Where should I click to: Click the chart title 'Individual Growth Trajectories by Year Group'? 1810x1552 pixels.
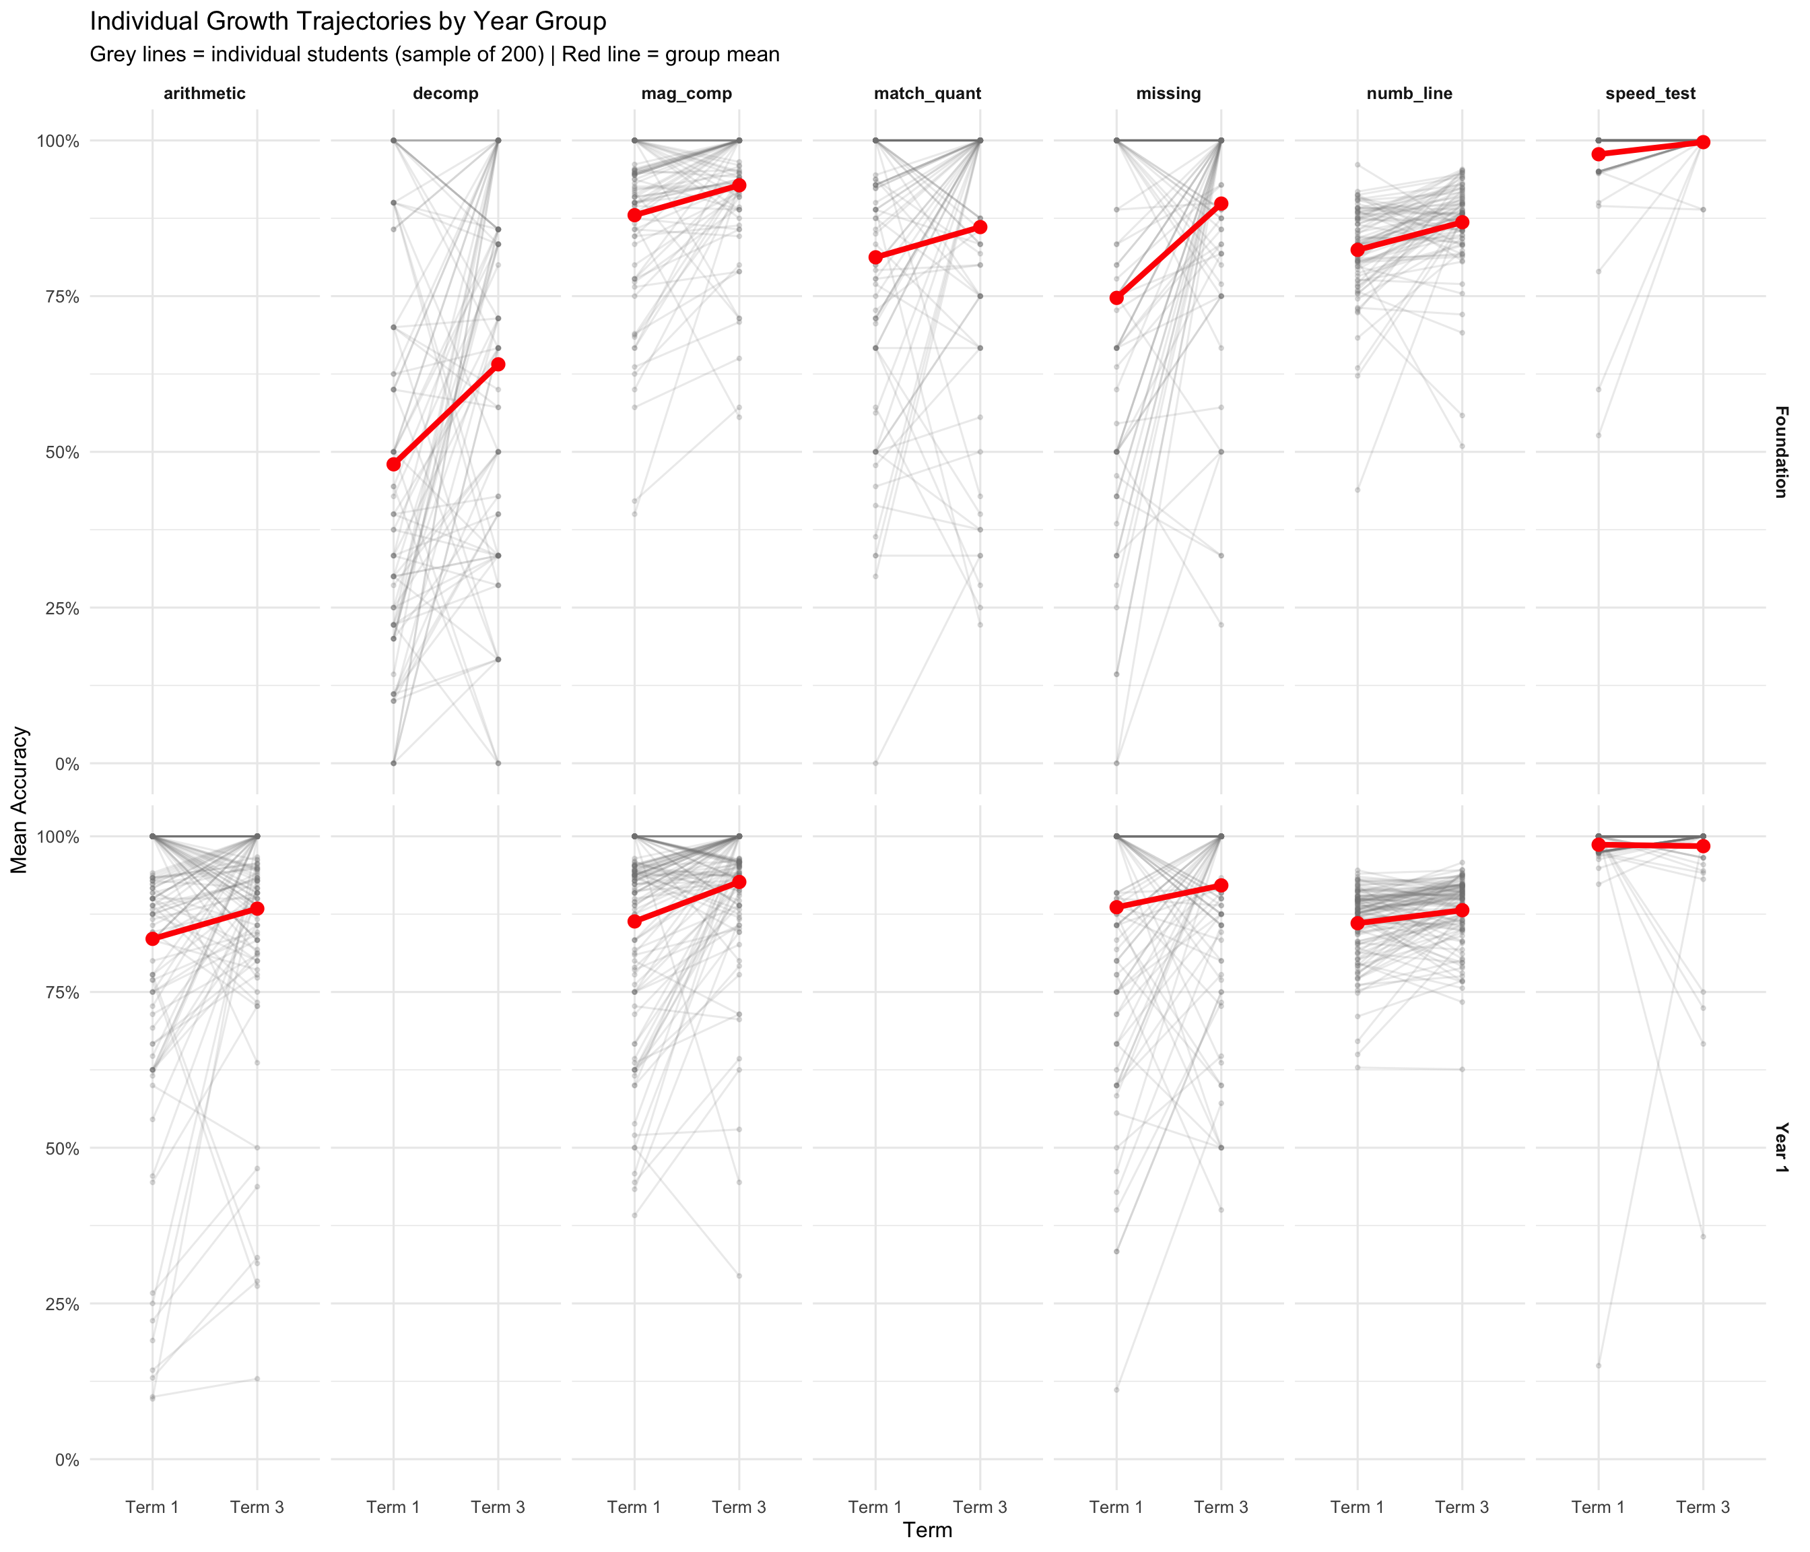pos(347,21)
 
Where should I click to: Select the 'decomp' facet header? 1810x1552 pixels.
pos(446,94)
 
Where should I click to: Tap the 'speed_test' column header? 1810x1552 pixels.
pos(1650,94)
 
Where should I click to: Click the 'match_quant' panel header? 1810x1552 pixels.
pos(928,94)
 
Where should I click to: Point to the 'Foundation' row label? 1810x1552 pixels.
pos(1780,452)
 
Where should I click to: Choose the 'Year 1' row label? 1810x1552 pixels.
pos(1780,1147)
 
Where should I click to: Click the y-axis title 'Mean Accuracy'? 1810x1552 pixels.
pos(20,800)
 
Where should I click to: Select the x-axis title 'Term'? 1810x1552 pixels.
pos(928,1529)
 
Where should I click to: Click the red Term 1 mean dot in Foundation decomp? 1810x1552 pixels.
pos(393,464)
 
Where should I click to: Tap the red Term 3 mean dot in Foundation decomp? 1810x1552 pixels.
pos(498,364)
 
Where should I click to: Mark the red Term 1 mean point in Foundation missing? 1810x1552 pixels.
pos(1116,298)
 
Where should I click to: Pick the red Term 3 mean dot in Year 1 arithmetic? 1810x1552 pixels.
pos(257,909)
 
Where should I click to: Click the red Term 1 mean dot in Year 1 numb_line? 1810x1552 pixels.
pos(1357,923)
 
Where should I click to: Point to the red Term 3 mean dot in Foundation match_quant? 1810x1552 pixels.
pos(980,227)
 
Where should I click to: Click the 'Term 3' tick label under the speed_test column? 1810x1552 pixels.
pos(1702,1507)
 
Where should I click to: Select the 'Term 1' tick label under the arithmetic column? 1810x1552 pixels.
pos(152,1507)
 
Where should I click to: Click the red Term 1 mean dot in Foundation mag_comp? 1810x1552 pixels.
pos(634,215)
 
